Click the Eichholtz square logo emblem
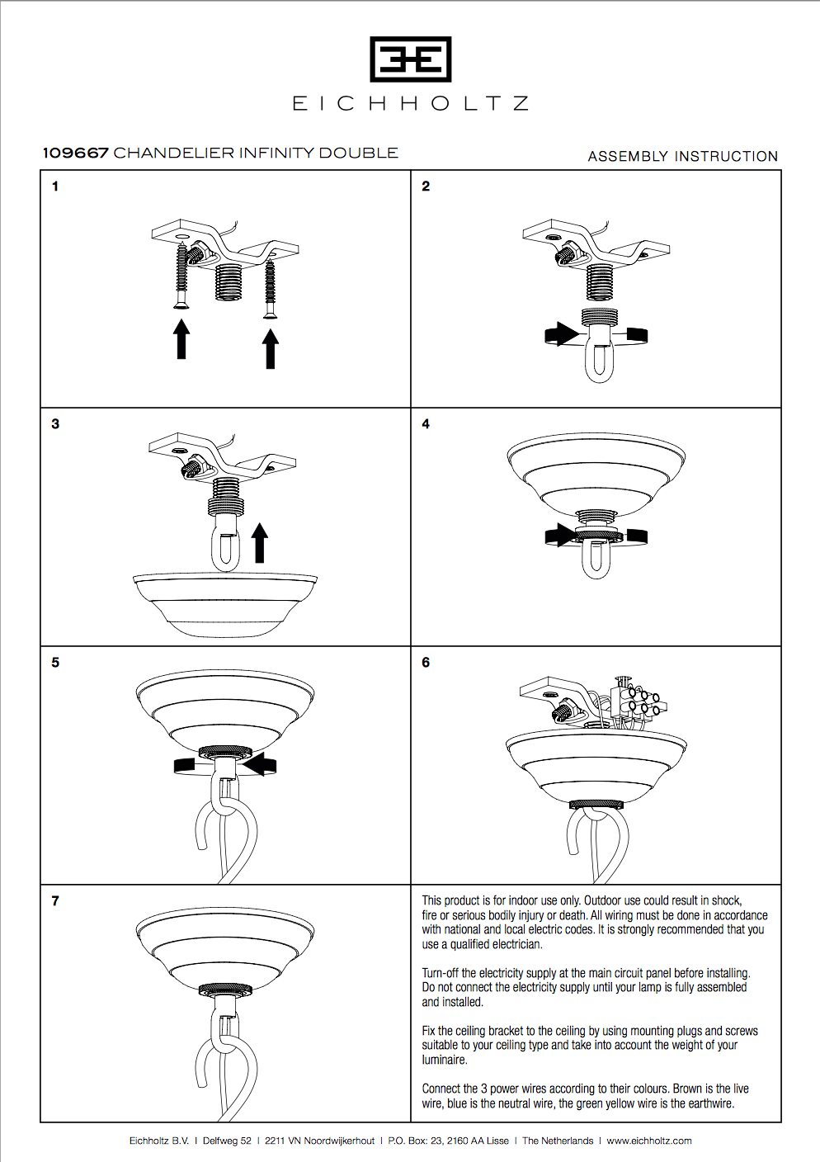click(x=410, y=59)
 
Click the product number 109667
click(x=75, y=153)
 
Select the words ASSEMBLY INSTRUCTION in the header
click(x=682, y=156)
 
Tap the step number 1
click(x=55, y=187)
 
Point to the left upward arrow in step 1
click(x=181, y=339)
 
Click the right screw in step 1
click(x=270, y=289)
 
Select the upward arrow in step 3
click(x=260, y=542)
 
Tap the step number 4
click(x=426, y=424)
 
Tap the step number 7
click(x=55, y=901)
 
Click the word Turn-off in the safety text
click(x=441, y=973)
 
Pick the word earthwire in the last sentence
click(x=711, y=1103)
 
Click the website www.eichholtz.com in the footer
click(x=649, y=1141)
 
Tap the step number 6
click(x=426, y=663)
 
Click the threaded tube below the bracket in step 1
click(x=229, y=283)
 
